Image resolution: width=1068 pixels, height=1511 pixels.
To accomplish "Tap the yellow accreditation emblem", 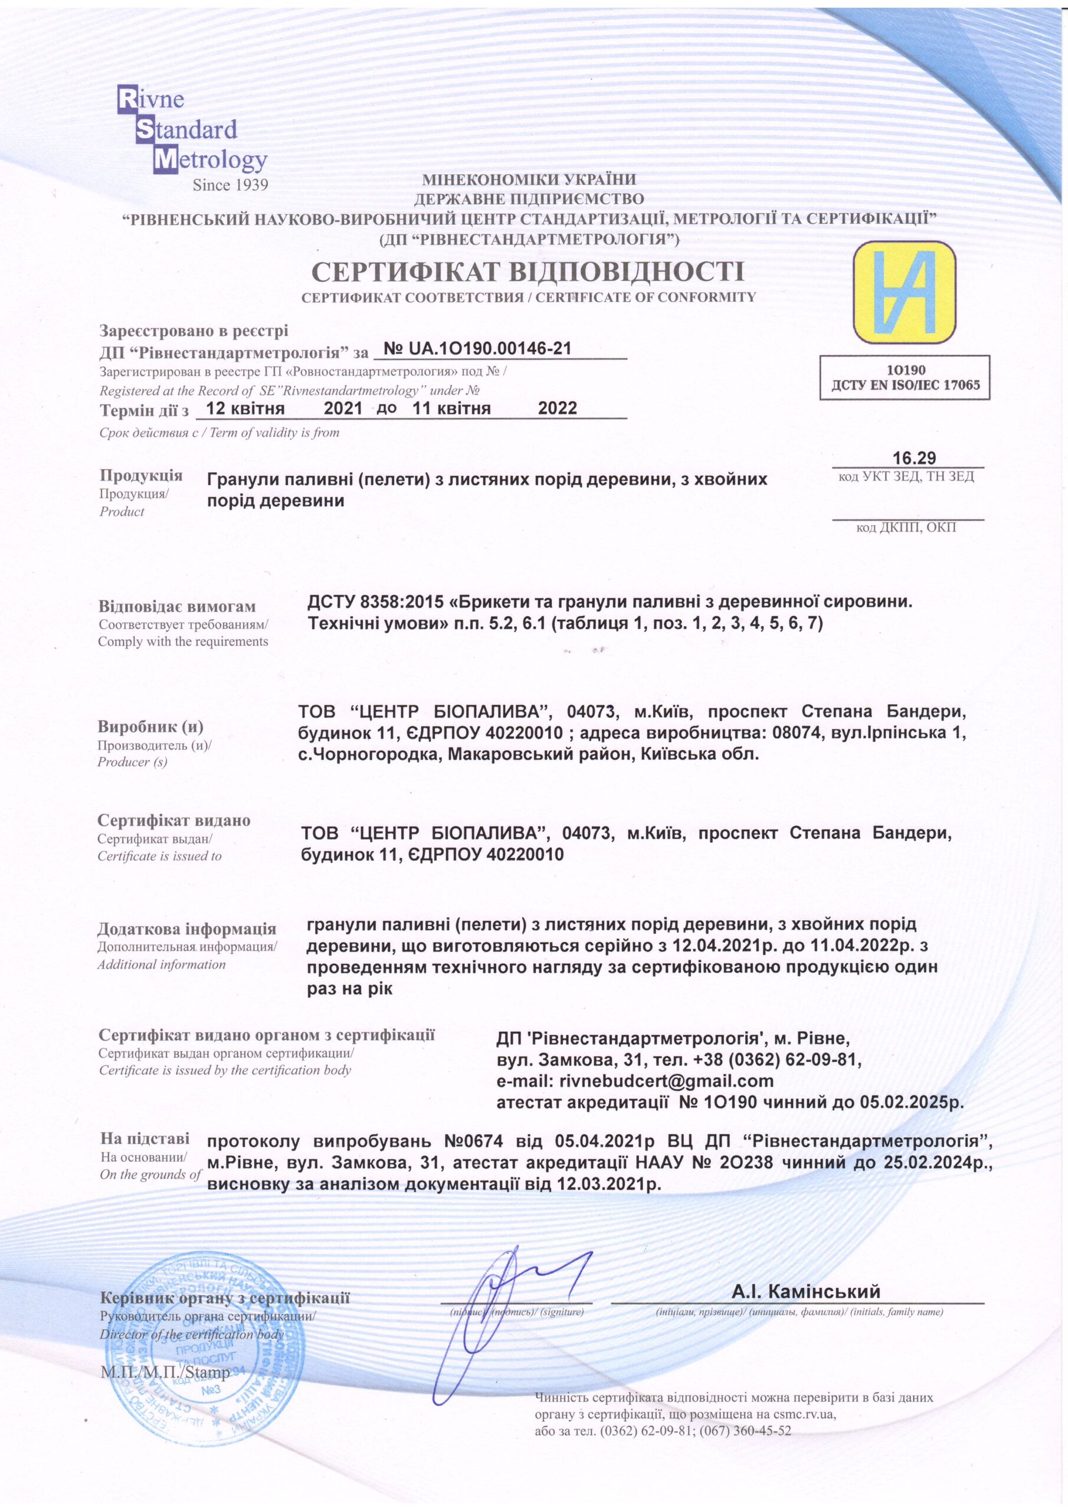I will pyautogui.click(x=904, y=293).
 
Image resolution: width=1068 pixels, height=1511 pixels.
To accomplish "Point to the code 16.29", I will pyautogui.click(x=914, y=458).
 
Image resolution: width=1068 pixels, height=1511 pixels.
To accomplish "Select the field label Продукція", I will pyautogui.click(x=141, y=475).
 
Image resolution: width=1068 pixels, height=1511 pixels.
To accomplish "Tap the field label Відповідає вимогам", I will pyautogui.click(x=177, y=606).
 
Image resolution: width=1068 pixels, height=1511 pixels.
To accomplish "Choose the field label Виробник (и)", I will pyautogui.click(x=150, y=727).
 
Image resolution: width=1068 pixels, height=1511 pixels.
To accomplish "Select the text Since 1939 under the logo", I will pyautogui.click(x=230, y=185).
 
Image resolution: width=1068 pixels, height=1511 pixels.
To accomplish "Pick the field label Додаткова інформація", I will pyautogui.click(x=187, y=929).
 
